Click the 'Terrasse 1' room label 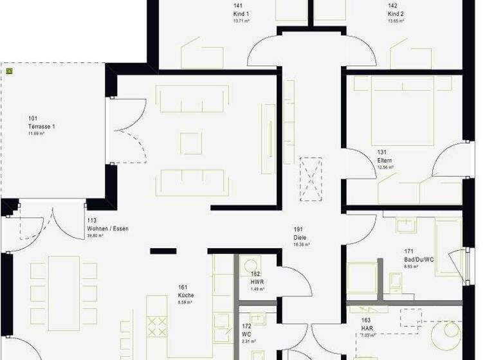(x=41, y=127)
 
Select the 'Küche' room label (x=186, y=295)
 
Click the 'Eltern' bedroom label (x=385, y=160)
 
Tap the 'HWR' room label (x=256, y=282)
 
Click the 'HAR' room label (x=365, y=327)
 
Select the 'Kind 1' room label (x=241, y=14)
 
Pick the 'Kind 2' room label (x=396, y=14)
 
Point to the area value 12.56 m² (x=386, y=167)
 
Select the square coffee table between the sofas (x=191, y=143)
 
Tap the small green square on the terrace (x=9, y=71)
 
